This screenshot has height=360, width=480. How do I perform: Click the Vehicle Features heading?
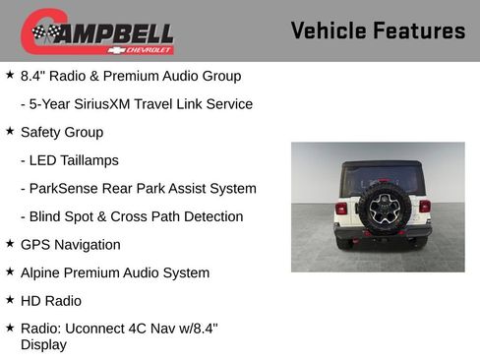(x=378, y=31)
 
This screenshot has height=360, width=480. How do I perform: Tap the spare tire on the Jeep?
(x=378, y=206)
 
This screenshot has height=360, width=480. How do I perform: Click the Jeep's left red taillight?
(x=341, y=208)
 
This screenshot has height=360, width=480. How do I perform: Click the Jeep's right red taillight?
(x=425, y=207)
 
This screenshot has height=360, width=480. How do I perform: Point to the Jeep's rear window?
(x=382, y=178)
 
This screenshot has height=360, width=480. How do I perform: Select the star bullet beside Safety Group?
(x=10, y=131)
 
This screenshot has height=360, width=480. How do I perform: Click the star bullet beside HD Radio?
(x=10, y=300)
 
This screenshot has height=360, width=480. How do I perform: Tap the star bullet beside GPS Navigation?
(x=10, y=244)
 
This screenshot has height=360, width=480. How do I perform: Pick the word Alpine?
(x=42, y=272)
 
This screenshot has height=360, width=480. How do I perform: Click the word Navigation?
(x=89, y=245)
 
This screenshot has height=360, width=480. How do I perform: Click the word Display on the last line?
(x=43, y=345)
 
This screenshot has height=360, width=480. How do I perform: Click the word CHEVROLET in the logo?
(x=149, y=49)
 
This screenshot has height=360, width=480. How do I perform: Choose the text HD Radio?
(x=51, y=301)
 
